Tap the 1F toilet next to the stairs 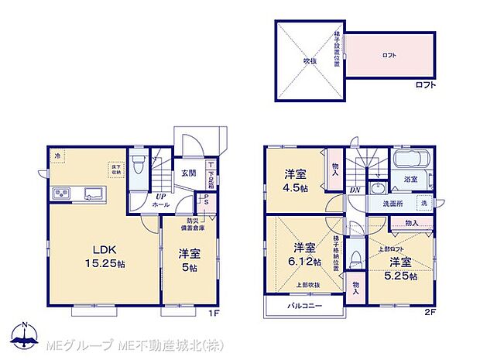click(138, 166)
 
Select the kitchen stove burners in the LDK click(60, 193)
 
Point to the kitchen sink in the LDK click(91, 193)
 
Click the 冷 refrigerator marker click(57, 156)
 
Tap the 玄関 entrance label click(189, 173)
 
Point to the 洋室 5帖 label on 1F click(189, 259)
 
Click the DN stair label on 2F click(353, 190)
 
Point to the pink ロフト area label click(389, 56)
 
